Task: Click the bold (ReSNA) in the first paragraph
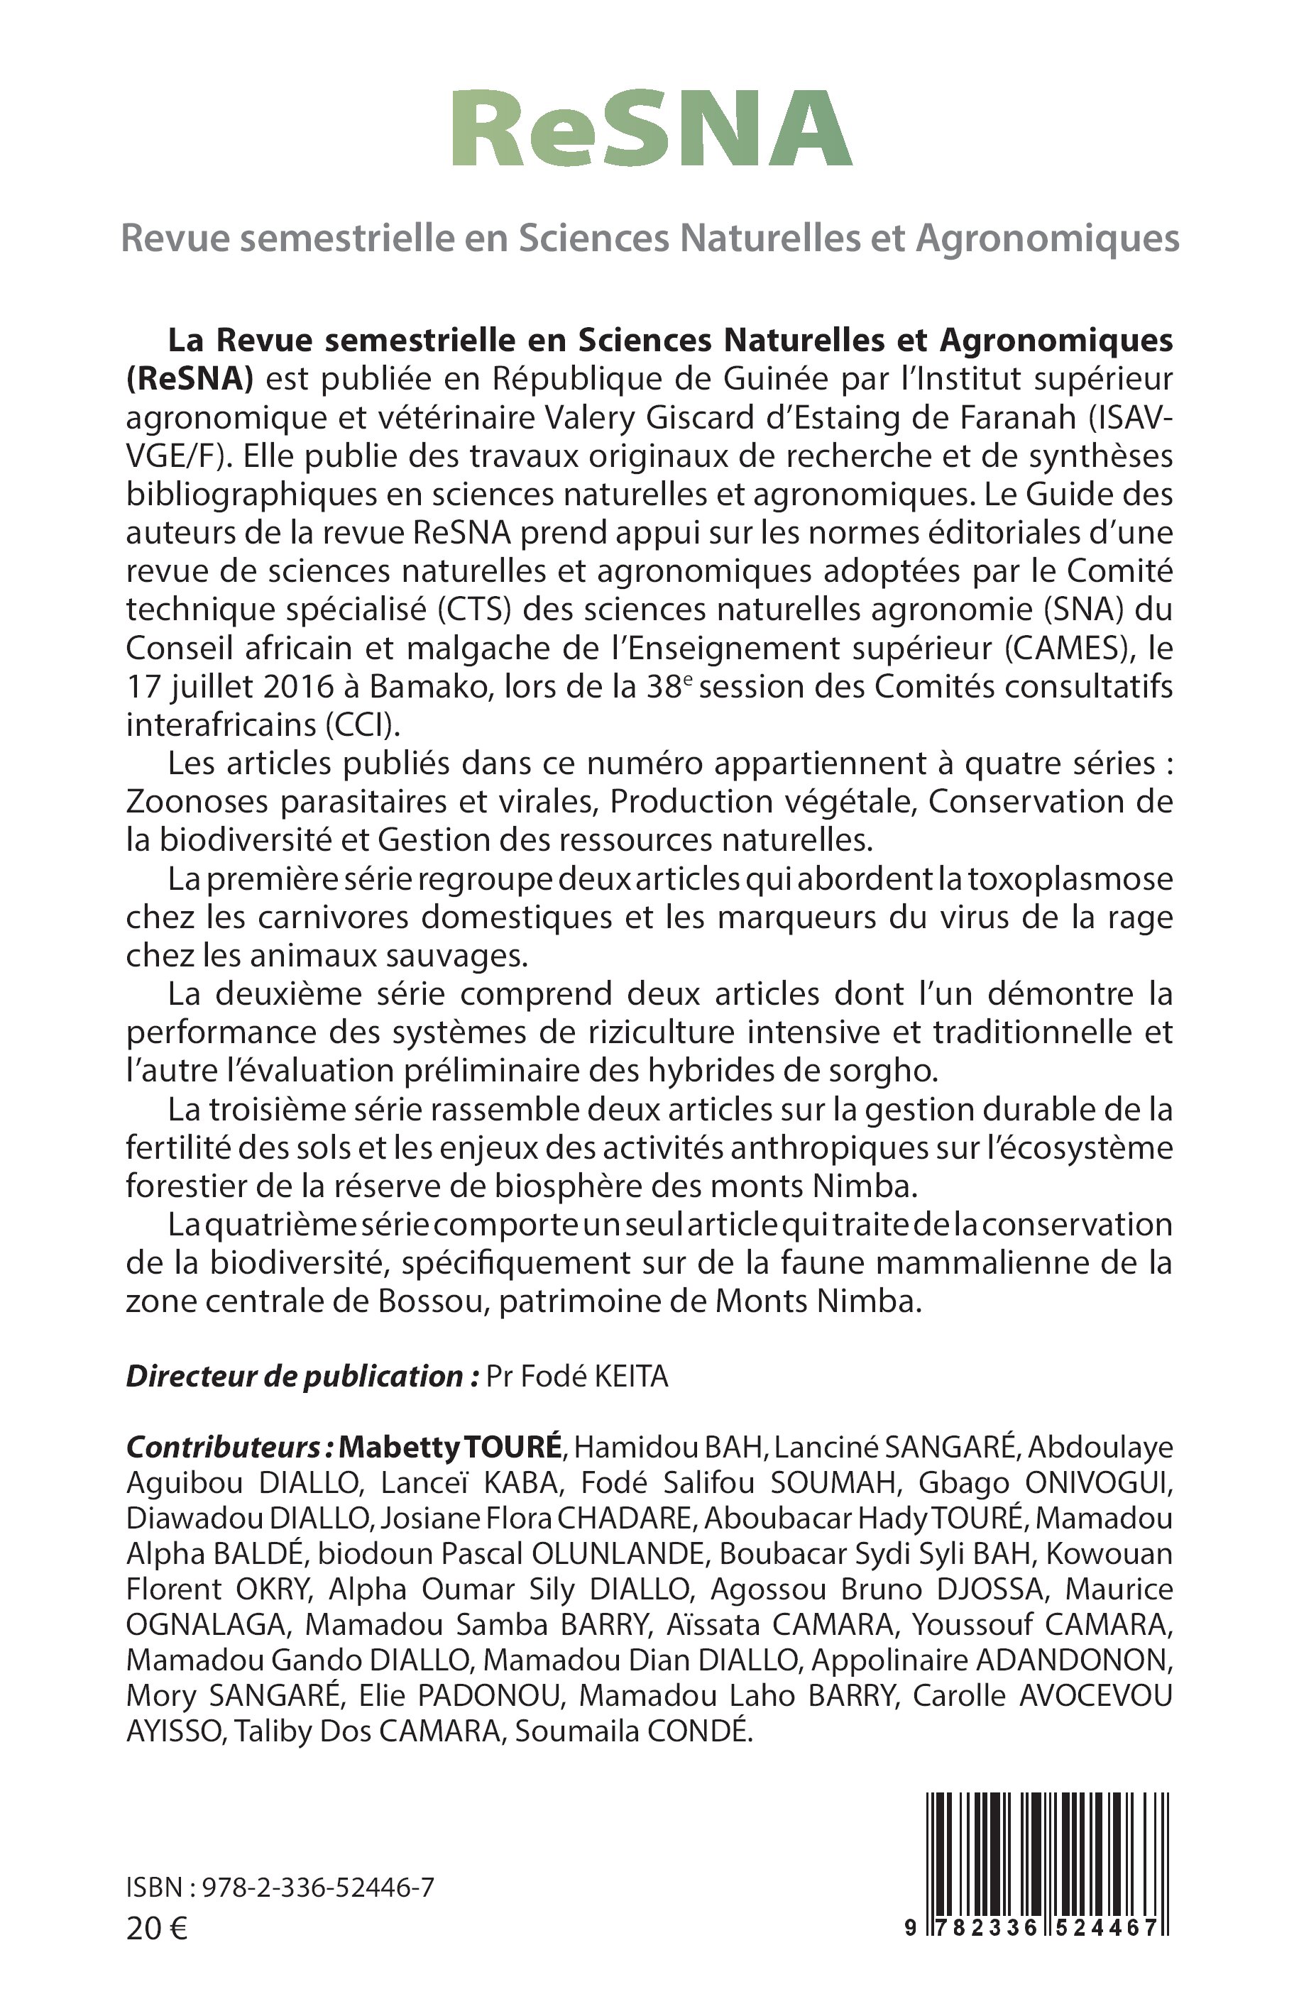(x=190, y=380)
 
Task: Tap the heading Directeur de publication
(x=301, y=1376)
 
